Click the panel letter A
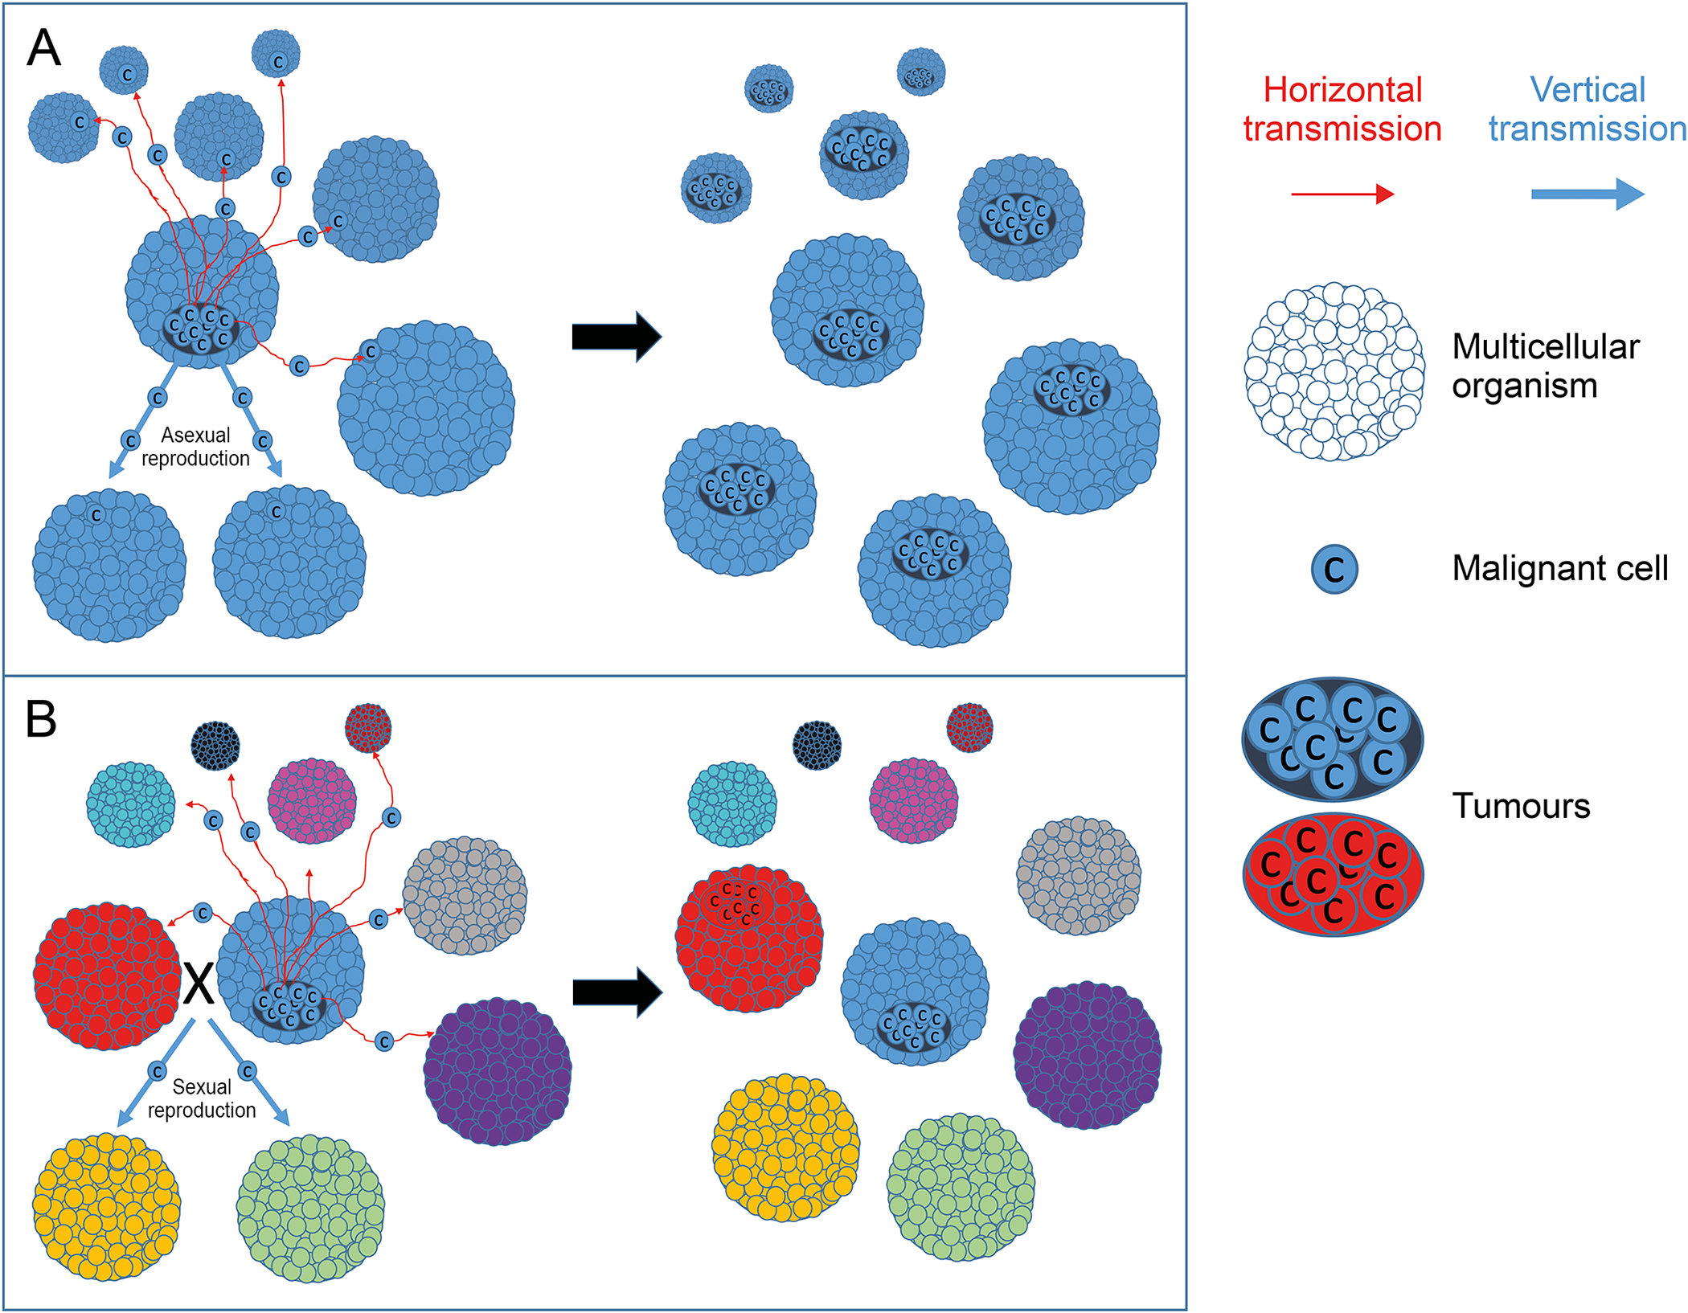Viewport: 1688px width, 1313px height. click(x=44, y=47)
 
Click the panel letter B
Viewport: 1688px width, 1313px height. click(x=42, y=718)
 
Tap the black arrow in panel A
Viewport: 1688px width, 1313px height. click(x=616, y=336)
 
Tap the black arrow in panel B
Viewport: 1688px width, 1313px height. click(x=617, y=992)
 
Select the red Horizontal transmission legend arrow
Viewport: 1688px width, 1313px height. click(x=1342, y=194)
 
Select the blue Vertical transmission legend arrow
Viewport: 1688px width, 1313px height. click(x=1587, y=194)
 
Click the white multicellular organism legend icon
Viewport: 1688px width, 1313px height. click(x=1334, y=371)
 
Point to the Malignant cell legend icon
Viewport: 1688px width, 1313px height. click(x=1334, y=569)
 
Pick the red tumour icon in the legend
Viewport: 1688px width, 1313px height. click(x=1333, y=874)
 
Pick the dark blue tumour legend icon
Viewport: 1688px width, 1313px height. click(x=1333, y=739)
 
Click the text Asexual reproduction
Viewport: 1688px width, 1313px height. click(x=195, y=447)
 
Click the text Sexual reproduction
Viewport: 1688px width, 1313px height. click(x=202, y=1098)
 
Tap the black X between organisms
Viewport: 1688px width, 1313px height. click(x=199, y=983)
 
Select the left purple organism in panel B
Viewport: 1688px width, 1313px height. click(x=498, y=1071)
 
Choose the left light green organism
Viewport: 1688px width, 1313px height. click(x=310, y=1208)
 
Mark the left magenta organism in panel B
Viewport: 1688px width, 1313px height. click(x=312, y=800)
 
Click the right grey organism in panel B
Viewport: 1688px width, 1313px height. click(x=1079, y=876)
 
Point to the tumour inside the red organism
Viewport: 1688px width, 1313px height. click(x=734, y=903)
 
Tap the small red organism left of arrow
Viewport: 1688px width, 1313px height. click(x=368, y=728)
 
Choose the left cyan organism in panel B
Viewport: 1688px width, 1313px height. click(x=131, y=804)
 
